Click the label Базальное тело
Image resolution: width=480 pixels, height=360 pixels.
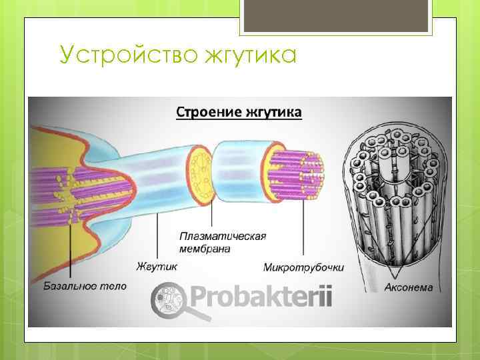[85, 286]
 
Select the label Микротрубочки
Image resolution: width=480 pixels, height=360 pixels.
[304, 267]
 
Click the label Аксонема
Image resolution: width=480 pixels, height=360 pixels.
[409, 288]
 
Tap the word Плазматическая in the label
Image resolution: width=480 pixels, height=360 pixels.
[223, 237]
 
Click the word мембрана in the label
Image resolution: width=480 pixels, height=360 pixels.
[205, 249]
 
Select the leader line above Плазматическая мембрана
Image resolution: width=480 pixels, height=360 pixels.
[212, 213]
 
